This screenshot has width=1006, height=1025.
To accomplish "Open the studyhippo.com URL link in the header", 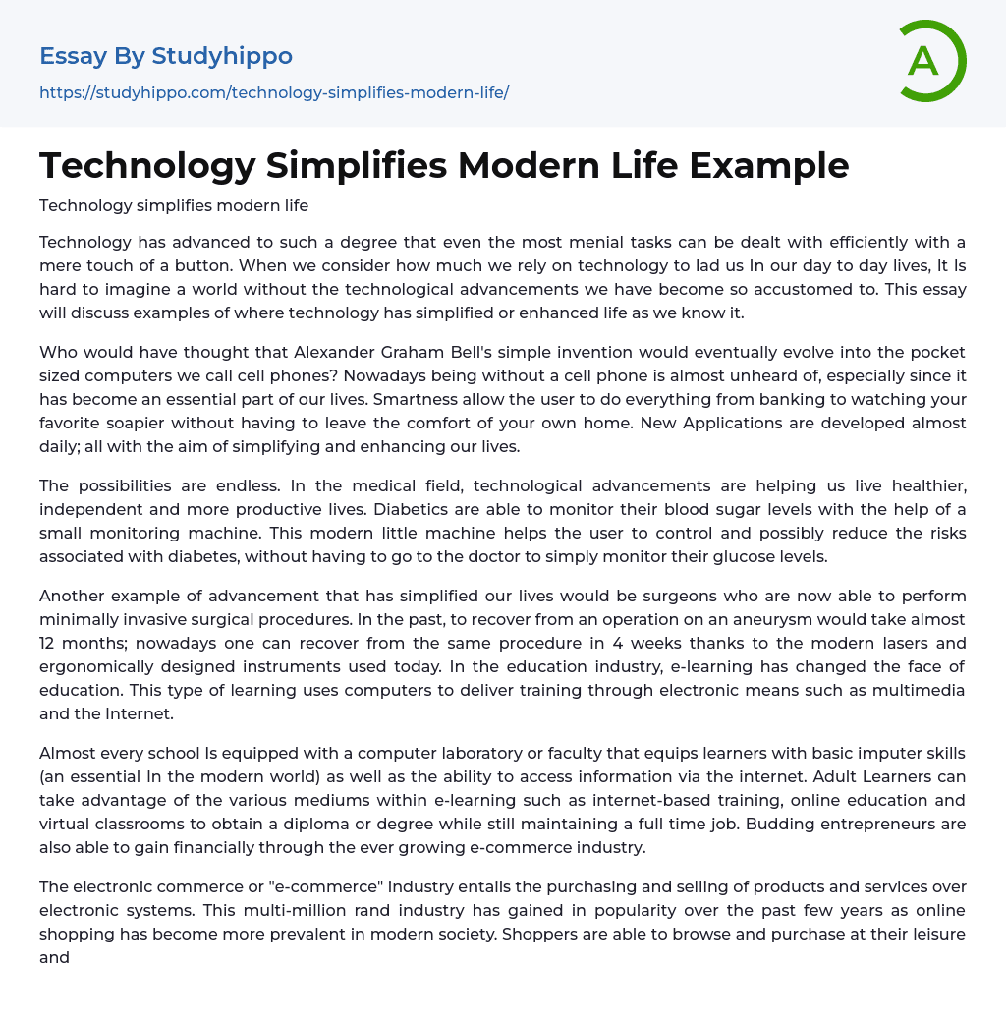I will point(274,92).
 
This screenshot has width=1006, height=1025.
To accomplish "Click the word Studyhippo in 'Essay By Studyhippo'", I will point(222,56).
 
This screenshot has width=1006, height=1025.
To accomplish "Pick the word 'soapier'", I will point(172,423).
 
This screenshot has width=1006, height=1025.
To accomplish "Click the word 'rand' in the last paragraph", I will point(266,910).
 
